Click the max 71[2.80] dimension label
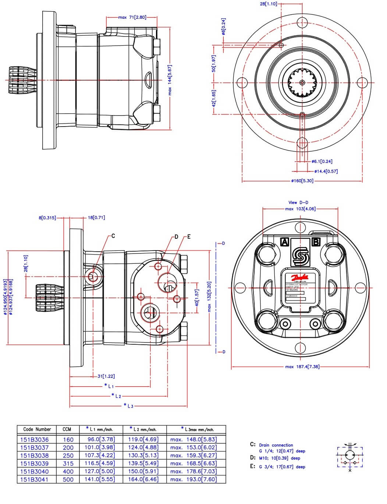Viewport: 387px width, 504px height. click(x=132, y=17)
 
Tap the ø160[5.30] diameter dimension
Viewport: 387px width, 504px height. click(x=302, y=181)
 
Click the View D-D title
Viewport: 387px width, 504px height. click(x=298, y=202)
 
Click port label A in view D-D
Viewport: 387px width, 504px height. click(x=284, y=242)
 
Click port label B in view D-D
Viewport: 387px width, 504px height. click(x=316, y=242)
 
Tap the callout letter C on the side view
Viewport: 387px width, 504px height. click(x=113, y=236)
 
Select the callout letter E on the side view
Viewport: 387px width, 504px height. click(x=189, y=237)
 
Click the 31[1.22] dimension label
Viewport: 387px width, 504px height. click(x=106, y=376)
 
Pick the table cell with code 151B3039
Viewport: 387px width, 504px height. click(x=34, y=464)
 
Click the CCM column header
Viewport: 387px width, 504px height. click(x=67, y=429)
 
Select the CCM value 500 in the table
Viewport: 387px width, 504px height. click(x=68, y=479)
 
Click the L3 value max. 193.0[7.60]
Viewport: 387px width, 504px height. click(x=193, y=479)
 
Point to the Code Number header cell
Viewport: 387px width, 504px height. click(x=37, y=429)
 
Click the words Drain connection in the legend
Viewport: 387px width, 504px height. click(x=276, y=445)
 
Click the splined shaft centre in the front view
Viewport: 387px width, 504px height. click(x=302, y=83)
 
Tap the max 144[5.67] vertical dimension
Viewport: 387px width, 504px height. click(x=170, y=80)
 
